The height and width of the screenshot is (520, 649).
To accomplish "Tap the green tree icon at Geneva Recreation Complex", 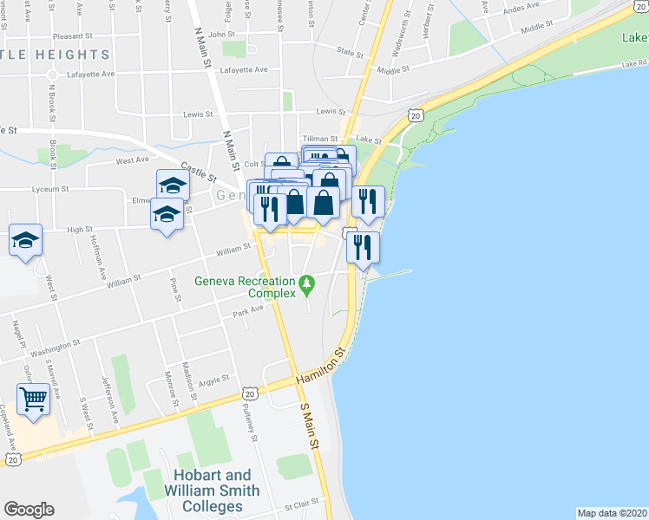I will coord(306,283).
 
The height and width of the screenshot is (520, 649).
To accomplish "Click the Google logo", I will coord(29,510).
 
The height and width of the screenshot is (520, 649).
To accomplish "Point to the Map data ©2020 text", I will coord(612,513).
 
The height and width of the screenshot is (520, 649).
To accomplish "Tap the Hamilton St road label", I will coord(320,367).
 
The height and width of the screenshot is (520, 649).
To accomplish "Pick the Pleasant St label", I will coord(72,36).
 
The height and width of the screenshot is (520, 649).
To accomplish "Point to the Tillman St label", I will coord(321,139).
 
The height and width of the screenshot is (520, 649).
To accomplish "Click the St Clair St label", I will coord(303,505).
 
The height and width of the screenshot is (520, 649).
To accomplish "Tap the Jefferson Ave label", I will coord(110,397).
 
